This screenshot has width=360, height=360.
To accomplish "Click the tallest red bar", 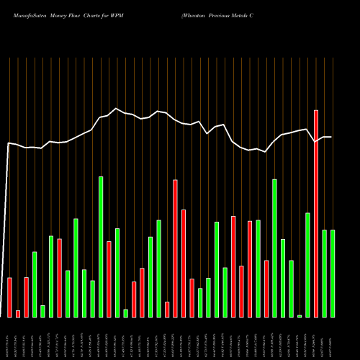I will (316, 213).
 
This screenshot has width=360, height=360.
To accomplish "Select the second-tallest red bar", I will (175, 248).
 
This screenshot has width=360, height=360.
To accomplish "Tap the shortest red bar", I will (18, 313).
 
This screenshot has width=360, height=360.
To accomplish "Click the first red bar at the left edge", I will (9, 297).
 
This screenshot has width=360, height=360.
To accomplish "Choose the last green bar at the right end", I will (333, 273).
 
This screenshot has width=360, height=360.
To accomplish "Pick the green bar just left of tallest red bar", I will (307, 264).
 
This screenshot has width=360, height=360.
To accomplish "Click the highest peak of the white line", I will (117, 109).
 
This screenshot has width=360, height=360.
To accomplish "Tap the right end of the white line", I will (332, 137).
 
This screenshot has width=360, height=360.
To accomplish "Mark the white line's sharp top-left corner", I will (9, 143).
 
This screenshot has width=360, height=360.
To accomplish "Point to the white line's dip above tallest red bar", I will (316, 142).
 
